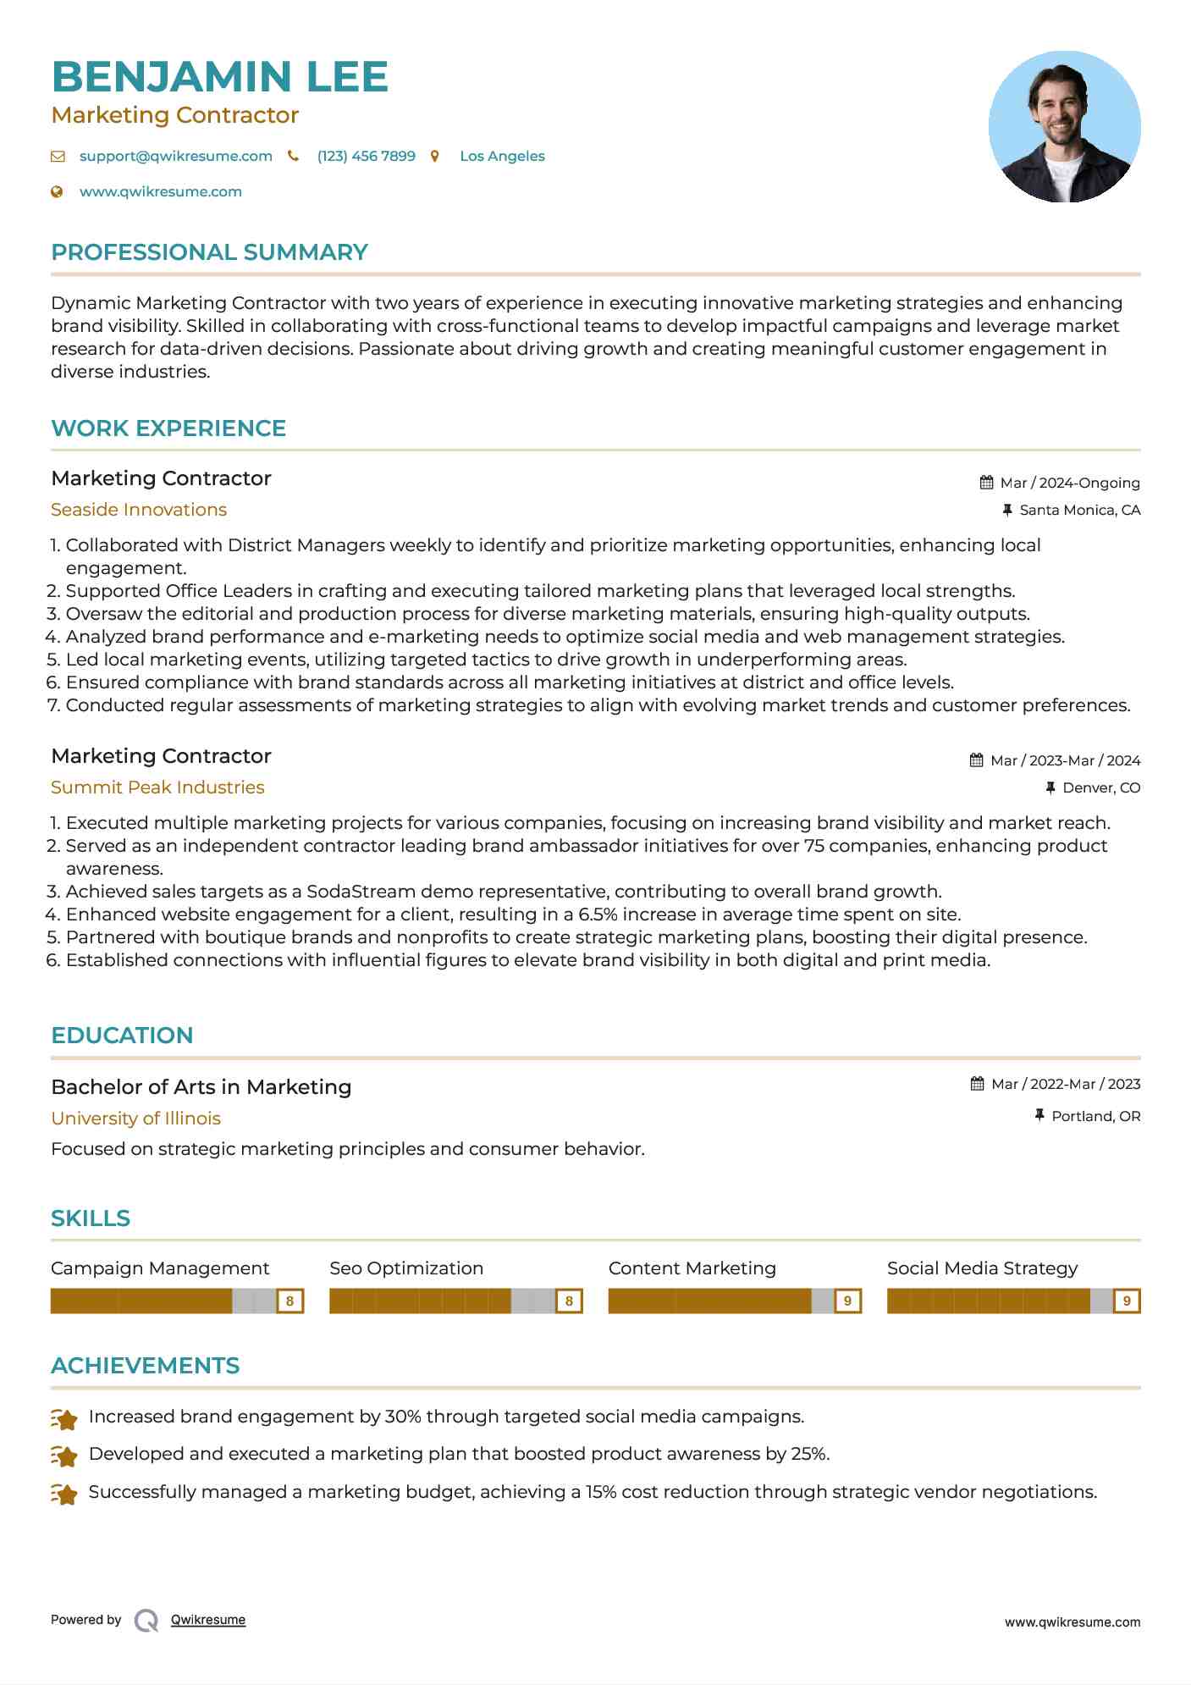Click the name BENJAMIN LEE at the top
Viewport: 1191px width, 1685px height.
[x=219, y=77]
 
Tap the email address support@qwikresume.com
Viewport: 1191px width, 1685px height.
[x=175, y=157]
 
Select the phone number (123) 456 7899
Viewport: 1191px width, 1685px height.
[x=366, y=157]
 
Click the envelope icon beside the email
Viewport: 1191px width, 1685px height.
[x=58, y=157]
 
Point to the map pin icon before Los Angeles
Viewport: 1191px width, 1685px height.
[x=435, y=157]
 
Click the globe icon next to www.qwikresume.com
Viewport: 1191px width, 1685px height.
[x=58, y=192]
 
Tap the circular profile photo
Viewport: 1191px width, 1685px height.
[x=1064, y=127]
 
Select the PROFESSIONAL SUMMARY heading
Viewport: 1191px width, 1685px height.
[x=209, y=252]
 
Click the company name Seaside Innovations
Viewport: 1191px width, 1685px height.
[x=139, y=510]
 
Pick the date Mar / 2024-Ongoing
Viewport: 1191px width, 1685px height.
[x=1069, y=483]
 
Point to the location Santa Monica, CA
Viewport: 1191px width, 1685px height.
[x=1079, y=511]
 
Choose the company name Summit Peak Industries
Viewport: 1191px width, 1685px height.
[x=157, y=787]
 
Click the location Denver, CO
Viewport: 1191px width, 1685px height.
[x=1100, y=788]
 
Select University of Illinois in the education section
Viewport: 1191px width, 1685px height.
[x=135, y=1119]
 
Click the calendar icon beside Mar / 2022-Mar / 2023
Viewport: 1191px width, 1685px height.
[x=977, y=1084]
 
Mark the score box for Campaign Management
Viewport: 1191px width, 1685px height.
[x=289, y=1301]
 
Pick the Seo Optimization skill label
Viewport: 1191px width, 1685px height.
[x=406, y=1268]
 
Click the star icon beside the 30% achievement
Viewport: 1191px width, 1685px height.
[x=64, y=1418]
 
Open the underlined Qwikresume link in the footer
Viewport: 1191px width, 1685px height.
[x=208, y=1620]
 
